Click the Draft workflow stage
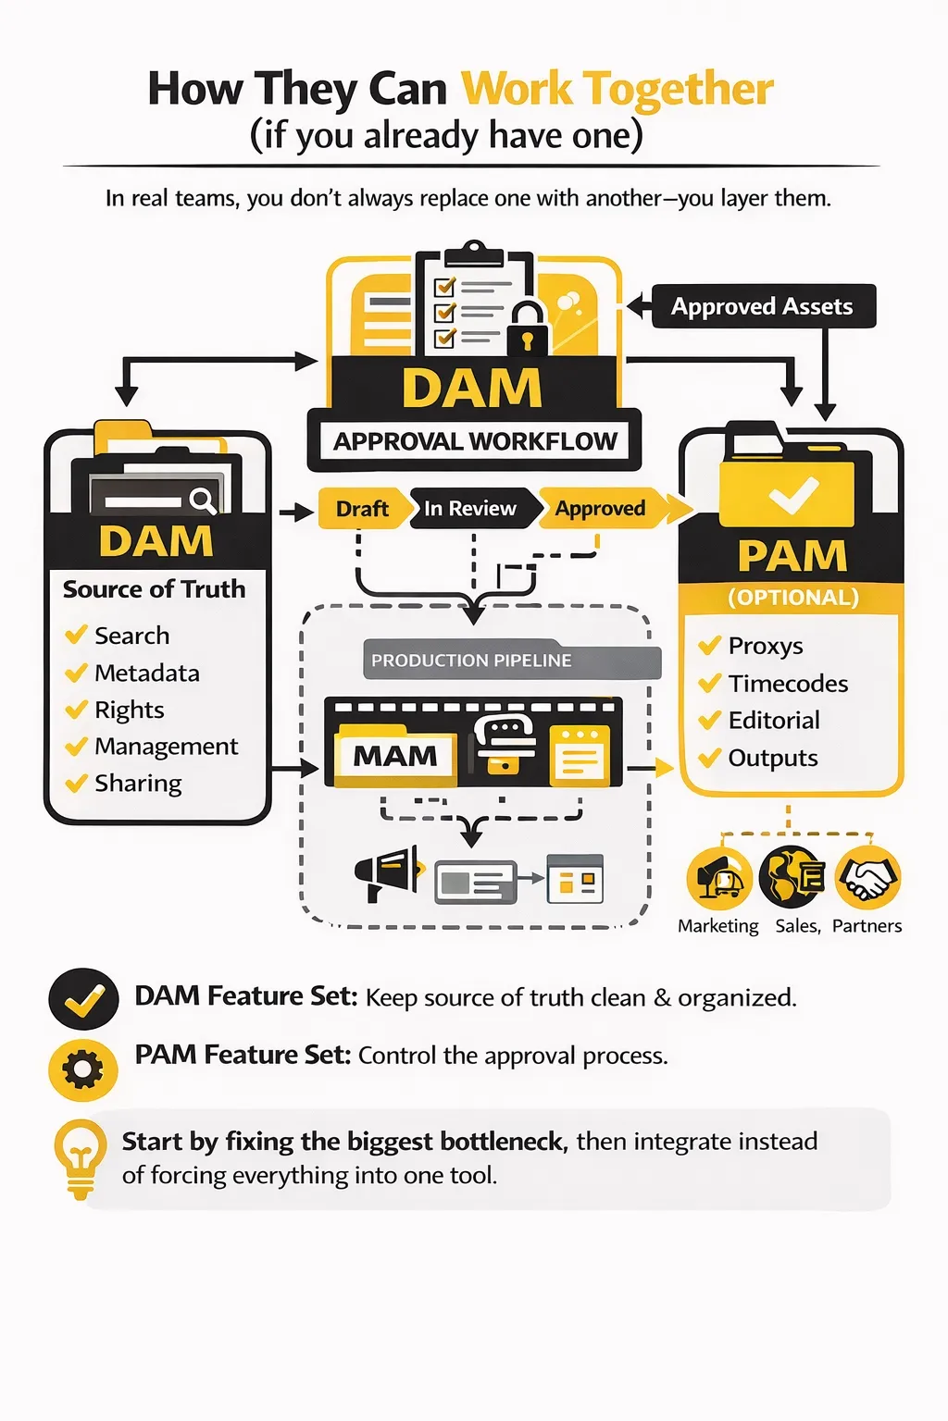pos(362,509)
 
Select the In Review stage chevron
pos(470,509)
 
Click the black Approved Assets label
pos(762,306)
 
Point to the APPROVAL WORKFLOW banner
pos(474,441)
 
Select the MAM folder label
pos(395,757)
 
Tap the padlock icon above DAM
pos(528,329)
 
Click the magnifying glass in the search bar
pos(202,500)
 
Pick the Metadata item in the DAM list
pos(146,673)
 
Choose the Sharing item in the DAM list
pos(138,784)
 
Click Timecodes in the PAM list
pos(787,684)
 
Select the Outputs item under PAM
pos(772,759)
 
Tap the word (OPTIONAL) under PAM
pos(793,598)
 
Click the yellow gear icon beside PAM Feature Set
pos(83,1070)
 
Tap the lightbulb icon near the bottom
pos(81,1156)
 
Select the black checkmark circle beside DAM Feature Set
pos(83,999)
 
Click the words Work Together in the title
pos(617,90)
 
